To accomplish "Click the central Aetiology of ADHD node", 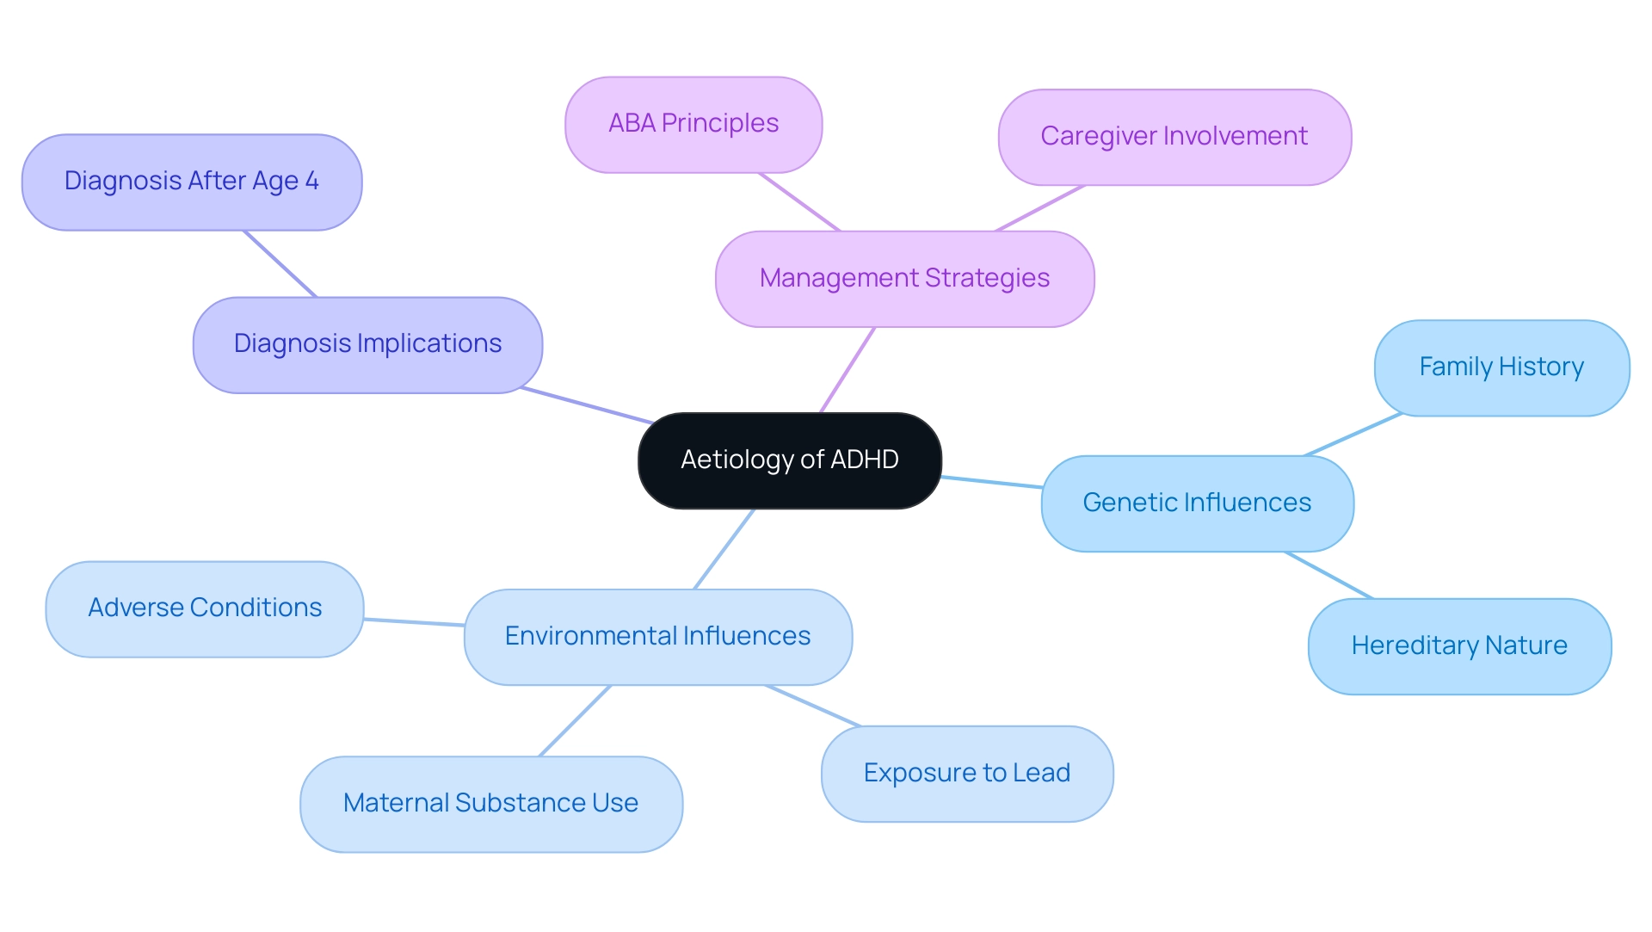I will tap(789, 460).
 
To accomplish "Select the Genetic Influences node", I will tap(1197, 503).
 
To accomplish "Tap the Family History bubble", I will tap(1501, 367).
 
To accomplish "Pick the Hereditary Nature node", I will tap(1459, 646).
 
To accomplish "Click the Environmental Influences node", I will tap(657, 637).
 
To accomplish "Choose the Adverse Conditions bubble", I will tap(205, 608).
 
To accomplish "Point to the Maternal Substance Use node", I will tap(490, 804).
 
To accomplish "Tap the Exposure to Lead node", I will tap(966, 774).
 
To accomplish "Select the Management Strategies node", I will tap(904, 279).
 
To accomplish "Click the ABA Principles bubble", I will tap(693, 124).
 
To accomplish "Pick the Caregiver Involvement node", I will tap(1174, 137).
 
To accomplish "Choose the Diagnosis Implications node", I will tap(367, 344).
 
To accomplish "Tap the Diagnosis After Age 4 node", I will tap(191, 182).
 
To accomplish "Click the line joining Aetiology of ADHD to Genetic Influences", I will tap(991, 482).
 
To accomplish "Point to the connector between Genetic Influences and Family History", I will tap(1353, 435).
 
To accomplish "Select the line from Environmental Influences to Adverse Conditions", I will tap(414, 622).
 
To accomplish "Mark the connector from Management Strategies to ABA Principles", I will tap(799, 202).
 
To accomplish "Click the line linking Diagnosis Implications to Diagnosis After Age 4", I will tap(280, 264).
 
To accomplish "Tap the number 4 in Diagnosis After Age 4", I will tap(311, 182).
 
